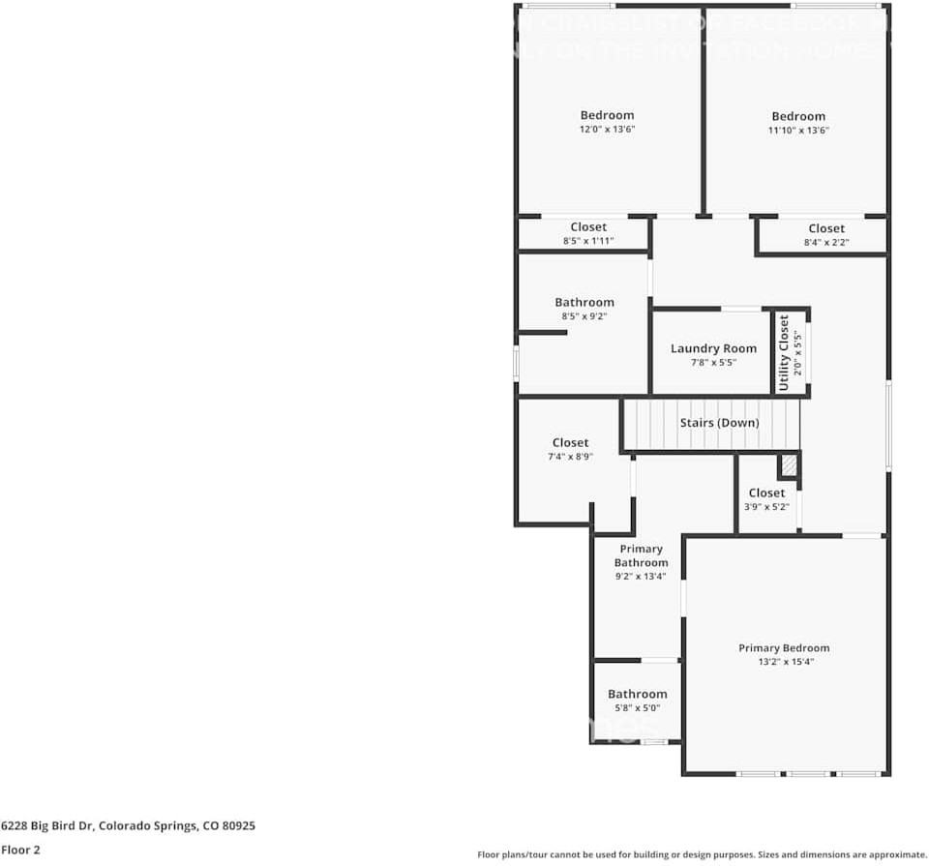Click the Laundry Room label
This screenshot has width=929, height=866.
pos(713,348)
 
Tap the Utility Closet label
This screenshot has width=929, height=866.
pos(784,352)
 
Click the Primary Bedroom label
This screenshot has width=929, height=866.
pos(784,648)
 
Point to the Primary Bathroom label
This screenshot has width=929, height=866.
pos(641,555)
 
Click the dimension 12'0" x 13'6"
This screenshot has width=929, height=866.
pos(607,129)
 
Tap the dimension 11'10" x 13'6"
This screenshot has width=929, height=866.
pos(798,130)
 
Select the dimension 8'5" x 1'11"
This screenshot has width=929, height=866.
pos(588,241)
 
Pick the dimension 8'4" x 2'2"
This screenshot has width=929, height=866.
pos(825,242)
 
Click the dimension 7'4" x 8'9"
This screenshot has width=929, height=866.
pos(570,456)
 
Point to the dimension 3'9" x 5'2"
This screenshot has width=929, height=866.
pos(766,506)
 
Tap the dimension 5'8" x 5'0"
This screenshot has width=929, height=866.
pos(637,707)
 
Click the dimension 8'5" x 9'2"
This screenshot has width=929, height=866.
pos(584,315)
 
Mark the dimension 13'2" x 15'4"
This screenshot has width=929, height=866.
pos(784,662)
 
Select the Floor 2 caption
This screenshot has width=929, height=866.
pos(20,851)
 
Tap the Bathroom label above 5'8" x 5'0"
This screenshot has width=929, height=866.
pos(637,694)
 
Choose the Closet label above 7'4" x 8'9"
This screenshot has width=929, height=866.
pos(570,442)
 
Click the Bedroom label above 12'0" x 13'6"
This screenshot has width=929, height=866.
pos(607,115)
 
